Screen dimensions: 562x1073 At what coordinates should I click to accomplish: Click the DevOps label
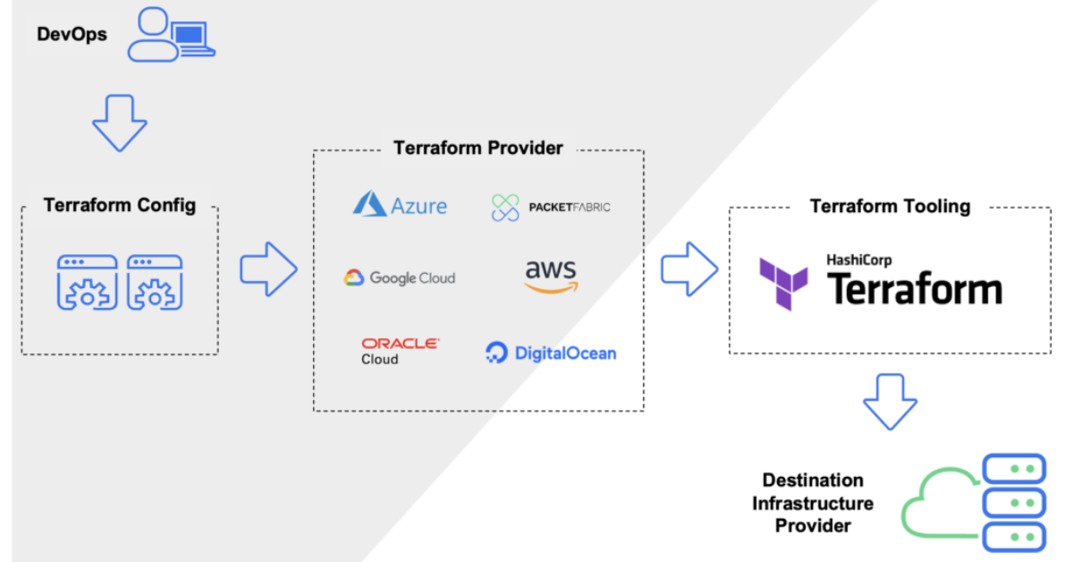[x=72, y=35]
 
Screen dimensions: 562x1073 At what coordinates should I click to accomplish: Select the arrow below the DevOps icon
[x=119, y=122]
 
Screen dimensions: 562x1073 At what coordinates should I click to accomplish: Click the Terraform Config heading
[x=119, y=206]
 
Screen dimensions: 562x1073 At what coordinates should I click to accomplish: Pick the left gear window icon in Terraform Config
[x=87, y=282]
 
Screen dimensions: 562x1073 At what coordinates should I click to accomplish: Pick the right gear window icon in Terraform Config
[x=154, y=282]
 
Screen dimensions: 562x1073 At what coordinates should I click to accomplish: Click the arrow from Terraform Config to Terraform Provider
[x=268, y=268]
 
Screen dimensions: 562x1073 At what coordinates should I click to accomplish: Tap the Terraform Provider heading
[x=478, y=148]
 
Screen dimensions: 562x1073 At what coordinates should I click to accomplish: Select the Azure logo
[x=400, y=205]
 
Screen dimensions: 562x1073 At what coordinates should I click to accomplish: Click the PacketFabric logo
[x=551, y=208]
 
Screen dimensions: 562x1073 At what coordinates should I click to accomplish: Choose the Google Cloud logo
[x=400, y=278]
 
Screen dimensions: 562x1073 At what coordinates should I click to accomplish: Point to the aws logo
[x=551, y=275]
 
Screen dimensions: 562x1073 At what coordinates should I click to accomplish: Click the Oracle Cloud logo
[x=400, y=350]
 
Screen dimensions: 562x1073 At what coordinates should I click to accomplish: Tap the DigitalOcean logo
[x=551, y=353]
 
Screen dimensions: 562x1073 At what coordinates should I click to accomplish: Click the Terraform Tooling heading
[x=890, y=207]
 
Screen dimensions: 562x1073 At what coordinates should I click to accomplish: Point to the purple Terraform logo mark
[x=783, y=283]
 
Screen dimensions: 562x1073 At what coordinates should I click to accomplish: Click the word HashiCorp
[x=858, y=260]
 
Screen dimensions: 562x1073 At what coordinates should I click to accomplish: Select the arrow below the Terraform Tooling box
[x=890, y=401]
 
